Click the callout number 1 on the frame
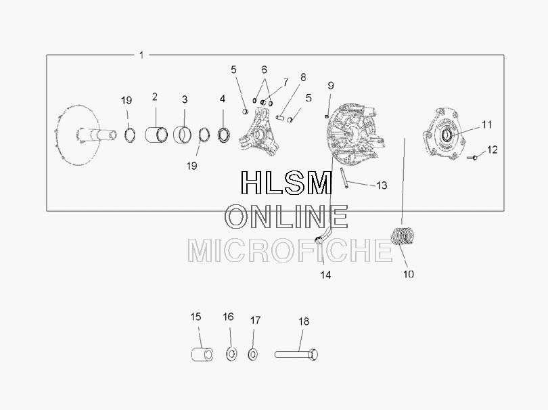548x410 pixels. pyautogui.click(x=141, y=55)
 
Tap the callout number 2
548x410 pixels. pyautogui.click(x=155, y=97)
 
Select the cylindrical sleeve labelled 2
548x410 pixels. pyautogui.click(x=156, y=135)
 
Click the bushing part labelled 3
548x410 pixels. pyautogui.click(x=183, y=135)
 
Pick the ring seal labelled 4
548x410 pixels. pyautogui.click(x=224, y=135)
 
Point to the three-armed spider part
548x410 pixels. pyautogui.click(x=258, y=133)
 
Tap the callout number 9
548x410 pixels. pyautogui.click(x=331, y=86)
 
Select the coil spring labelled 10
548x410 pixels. pyautogui.click(x=403, y=236)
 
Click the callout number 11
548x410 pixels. pyautogui.click(x=486, y=124)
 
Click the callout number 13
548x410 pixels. pyautogui.click(x=382, y=185)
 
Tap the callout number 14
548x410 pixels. pyautogui.click(x=325, y=275)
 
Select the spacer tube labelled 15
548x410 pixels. pyautogui.click(x=202, y=355)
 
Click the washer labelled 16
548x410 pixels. pyautogui.click(x=231, y=354)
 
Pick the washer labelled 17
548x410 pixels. pyautogui.click(x=252, y=355)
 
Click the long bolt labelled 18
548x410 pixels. pyautogui.click(x=296, y=355)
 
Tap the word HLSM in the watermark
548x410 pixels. pyautogui.click(x=286, y=183)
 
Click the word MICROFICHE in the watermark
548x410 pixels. pyautogui.click(x=290, y=250)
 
